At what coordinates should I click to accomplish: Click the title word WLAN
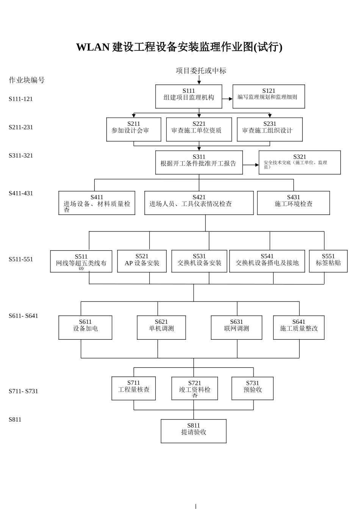pyautogui.click(x=93, y=47)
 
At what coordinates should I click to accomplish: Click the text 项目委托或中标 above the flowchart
pyautogui.click(x=201, y=70)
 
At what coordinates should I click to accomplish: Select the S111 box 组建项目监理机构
pyautogui.click(x=189, y=96)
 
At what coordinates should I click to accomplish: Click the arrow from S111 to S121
pyautogui.click(x=227, y=99)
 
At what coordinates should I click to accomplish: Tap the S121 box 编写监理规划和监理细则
pyautogui.click(x=269, y=96)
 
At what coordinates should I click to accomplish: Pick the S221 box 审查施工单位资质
pyautogui.click(x=199, y=129)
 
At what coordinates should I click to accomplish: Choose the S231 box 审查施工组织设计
pyautogui.click(x=269, y=129)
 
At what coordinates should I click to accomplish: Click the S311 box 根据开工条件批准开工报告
pyautogui.click(x=199, y=162)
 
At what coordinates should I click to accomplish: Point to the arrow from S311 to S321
pyautogui.click(x=250, y=165)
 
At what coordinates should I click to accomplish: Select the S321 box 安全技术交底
pyautogui.click(x=299, y=162)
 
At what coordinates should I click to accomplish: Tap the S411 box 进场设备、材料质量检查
pyautogui.click(x=97, y=203)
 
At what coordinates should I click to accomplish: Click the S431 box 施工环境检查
pyautogui.click(x=293, y=203)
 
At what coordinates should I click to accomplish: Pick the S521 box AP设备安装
pyautogui.click(x=142, y=261)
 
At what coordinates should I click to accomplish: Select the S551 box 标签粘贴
pyautogui.click(x=328, y=261)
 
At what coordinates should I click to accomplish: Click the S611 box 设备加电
pyautogui.click(x=85, y=327)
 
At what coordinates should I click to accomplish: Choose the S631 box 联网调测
pyautogui.click(x=236, y=327)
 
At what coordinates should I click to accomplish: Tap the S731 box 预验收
pyautogui.click(x=252, y=388)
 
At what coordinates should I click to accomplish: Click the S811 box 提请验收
pyautogui.click(x=194, y=431)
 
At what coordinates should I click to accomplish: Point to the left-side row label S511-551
pyautogui.click(x=21, y=259)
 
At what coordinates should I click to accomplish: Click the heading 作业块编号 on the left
pyautogui.click(x=27, y=80)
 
